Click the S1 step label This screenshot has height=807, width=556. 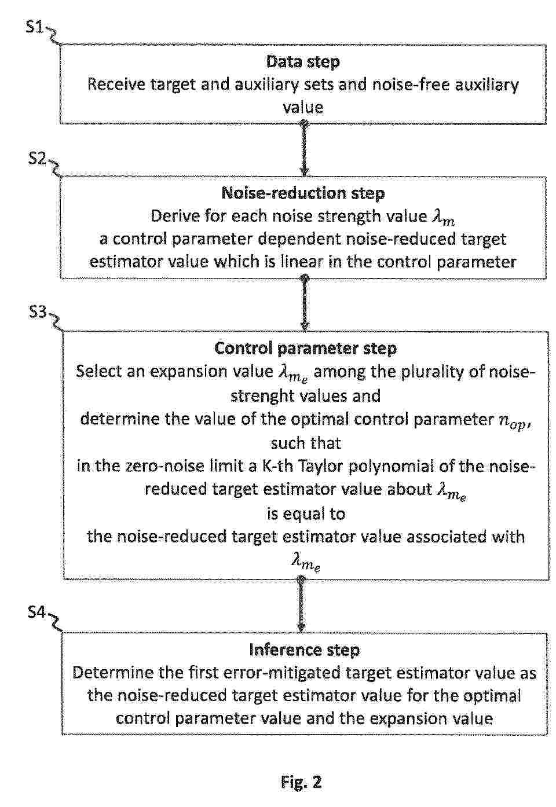35,27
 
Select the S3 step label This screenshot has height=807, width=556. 38,312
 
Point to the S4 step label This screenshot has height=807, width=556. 36,612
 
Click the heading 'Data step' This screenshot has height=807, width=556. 303,62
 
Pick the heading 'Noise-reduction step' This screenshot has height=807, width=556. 303,193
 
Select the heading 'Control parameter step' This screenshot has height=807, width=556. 306,349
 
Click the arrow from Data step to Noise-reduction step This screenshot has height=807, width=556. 305,149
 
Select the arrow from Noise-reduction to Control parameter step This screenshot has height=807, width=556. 305,304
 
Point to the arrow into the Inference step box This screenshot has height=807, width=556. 301,605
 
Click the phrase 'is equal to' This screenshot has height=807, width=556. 306,513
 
